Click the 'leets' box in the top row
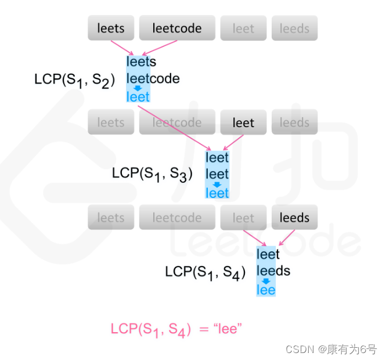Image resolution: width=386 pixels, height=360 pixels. pyautogui.click(x=111, y=28)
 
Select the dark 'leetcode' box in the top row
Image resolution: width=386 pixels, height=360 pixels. pyautogui.click(x=177, y=28)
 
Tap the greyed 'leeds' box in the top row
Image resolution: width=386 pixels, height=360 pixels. pyautogui.click(x=294, y=28)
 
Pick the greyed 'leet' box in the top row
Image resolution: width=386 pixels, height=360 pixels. pyautogui.click(x=243, y=28)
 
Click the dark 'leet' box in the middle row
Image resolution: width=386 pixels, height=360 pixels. pyautogui.click(x=243, y=123)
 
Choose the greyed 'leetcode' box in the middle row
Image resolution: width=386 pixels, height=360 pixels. pyautogui.click(x=177, y=123)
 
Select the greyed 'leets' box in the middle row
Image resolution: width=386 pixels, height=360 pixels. pyautogui.click(x=111, y=123)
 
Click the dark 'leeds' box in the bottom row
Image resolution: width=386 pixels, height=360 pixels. pyautogui.click(x=294, y=218)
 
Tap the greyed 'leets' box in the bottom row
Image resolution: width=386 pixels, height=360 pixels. pyautogui.click(x=111, y=218)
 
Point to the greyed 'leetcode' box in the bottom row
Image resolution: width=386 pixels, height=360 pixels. pyautogui.click(x=177, y=218)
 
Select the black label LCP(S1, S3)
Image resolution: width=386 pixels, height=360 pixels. pyautogui.click(x=153, y=174)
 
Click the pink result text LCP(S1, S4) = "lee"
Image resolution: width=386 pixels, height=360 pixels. pyautogui.click(x=176, y=329)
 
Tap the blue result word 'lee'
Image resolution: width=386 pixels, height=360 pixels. pyautogui.click(x=266, y=289)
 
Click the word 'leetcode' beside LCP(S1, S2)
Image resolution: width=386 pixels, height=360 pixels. pyautogui.click(x=153, y=78)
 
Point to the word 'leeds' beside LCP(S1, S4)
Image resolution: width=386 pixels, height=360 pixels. pyautogui.click(x=273, y=271)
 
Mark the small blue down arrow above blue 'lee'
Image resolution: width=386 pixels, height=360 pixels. pyautogui.click(x=266, y=280)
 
